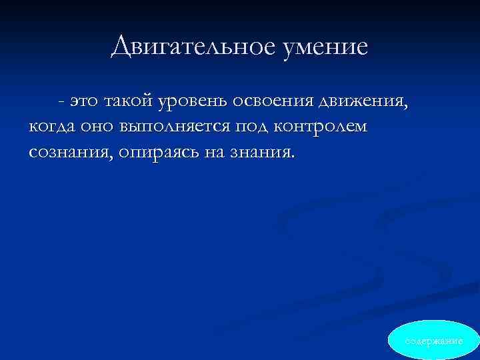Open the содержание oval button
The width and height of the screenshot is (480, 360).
pyautogui.click(x=434, y=341)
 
